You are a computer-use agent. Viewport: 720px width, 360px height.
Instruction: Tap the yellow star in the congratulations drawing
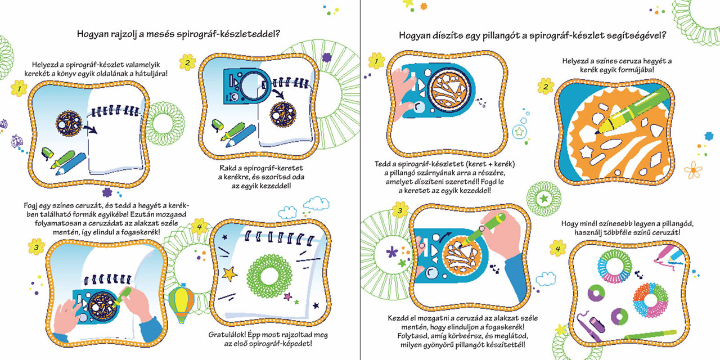(x=229, y=273)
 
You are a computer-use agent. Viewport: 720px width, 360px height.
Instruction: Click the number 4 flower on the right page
(x=557, y=249)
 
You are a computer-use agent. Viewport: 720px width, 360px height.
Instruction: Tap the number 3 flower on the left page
(x=37, y=247)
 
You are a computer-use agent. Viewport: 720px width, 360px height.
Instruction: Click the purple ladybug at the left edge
(x=17, y=141)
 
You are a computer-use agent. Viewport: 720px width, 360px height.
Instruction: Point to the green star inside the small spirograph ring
(x=543, y=199)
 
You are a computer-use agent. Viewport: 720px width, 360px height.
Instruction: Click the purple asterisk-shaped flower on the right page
(x=392, y=253)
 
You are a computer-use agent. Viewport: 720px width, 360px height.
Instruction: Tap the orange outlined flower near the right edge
(x=693, y=169)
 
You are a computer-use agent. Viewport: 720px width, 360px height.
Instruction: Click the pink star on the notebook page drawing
(x=287, y=296)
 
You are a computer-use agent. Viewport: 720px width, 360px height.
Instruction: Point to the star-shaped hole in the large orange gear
(x=586, y=152)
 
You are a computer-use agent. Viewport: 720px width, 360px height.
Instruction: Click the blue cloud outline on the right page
(x=546, y=279)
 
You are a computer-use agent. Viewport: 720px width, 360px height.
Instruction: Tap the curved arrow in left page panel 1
(x=91, y=129)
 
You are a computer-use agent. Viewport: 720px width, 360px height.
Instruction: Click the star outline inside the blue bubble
(x=519, y=131)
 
